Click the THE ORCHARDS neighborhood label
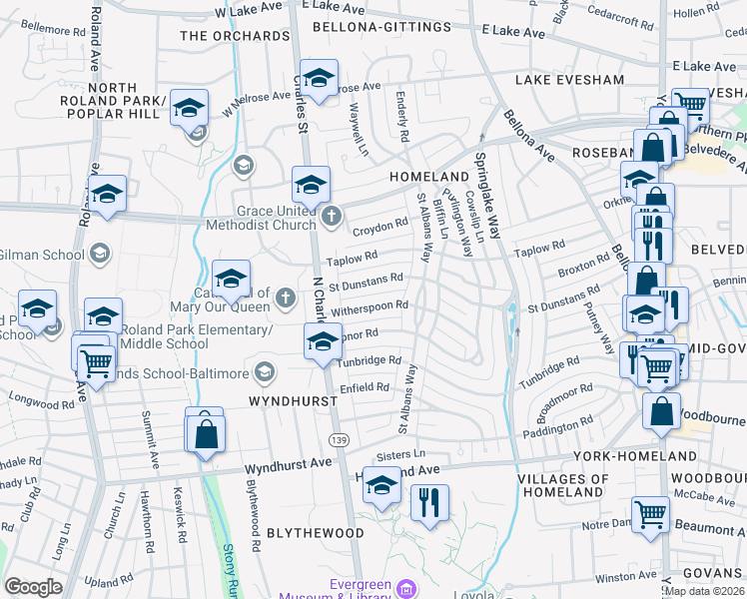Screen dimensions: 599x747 click(x=235, y=36)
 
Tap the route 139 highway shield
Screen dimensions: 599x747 click(x=339, y=439)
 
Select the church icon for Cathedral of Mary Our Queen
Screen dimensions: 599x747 click(x=286, y=297)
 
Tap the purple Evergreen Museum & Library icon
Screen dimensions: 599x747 click(x=405, y=588)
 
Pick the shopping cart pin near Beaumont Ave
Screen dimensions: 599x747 click(x=650, y=515)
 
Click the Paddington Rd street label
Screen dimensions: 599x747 click(x=556, y=427)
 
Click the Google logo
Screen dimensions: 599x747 click(x=33, y=587)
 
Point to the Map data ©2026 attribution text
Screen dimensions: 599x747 click(x=703, y=591)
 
